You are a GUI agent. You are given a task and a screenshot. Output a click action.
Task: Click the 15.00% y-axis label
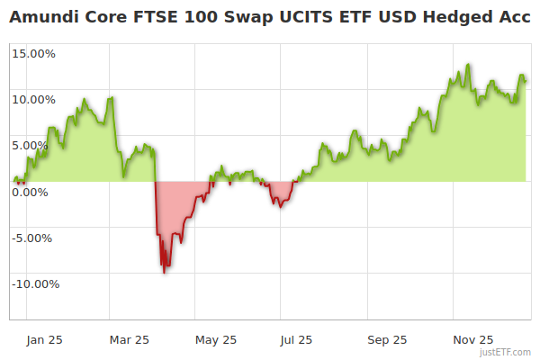click(34, 53)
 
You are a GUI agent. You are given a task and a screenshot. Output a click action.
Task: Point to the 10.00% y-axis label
click(34, 99)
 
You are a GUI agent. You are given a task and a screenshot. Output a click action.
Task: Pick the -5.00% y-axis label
click(35, 238)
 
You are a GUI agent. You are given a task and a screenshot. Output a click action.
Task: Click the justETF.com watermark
click(507, 353)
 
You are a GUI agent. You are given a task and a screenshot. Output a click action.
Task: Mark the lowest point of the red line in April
click(164, 273)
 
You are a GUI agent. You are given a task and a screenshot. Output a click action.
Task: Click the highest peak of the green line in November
click(468, 65)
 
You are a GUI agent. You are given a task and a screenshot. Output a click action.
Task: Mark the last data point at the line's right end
click(526, 81)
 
